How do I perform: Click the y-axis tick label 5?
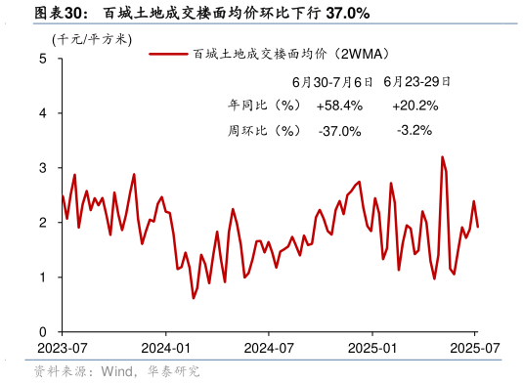click(x=43, y=59)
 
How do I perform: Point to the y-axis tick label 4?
click(x=43, y=113)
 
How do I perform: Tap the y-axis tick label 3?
click(x=43, y=168)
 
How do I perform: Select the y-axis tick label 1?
click(x=43, y=277)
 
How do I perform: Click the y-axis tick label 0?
click(x=43, y=332)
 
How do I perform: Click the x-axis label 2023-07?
click(x=62, y=348)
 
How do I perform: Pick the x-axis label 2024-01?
click(x=165, y=348)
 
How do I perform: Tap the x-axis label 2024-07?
click(x=269, y=348)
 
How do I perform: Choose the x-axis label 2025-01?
click(x=374, y=348)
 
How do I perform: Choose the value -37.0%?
click(x=339, y=130)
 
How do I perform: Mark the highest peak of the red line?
click(x=442, y=156)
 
